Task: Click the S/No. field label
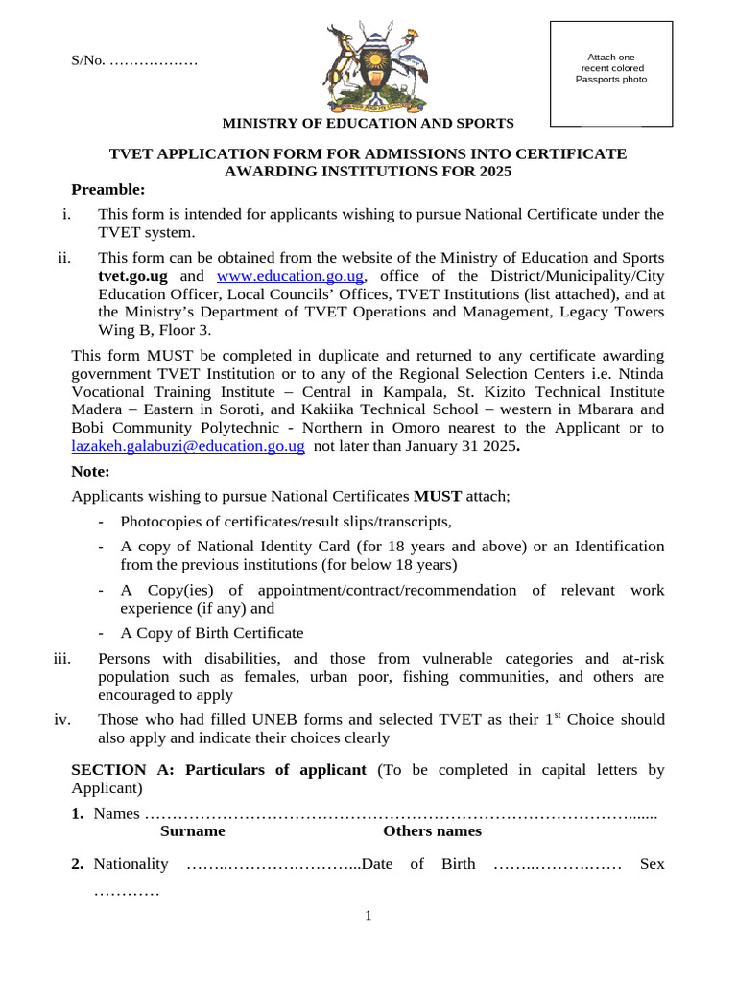(x=88, y=61)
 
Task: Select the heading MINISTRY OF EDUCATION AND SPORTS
(x=368, y=123)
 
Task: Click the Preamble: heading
(x=107, y=189)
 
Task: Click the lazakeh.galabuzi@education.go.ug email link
(x=188, y=446)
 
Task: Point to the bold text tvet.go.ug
(x=133, y=277)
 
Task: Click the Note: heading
(x=91, y=471)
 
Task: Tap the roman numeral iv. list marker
(x=64, y=720)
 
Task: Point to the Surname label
(x=193, y=831)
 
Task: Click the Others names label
(x=432, y=831)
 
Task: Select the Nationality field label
(x=131, y=864)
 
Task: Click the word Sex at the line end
(x=652, y=864)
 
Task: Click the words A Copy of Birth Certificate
(x=211, y=633)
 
